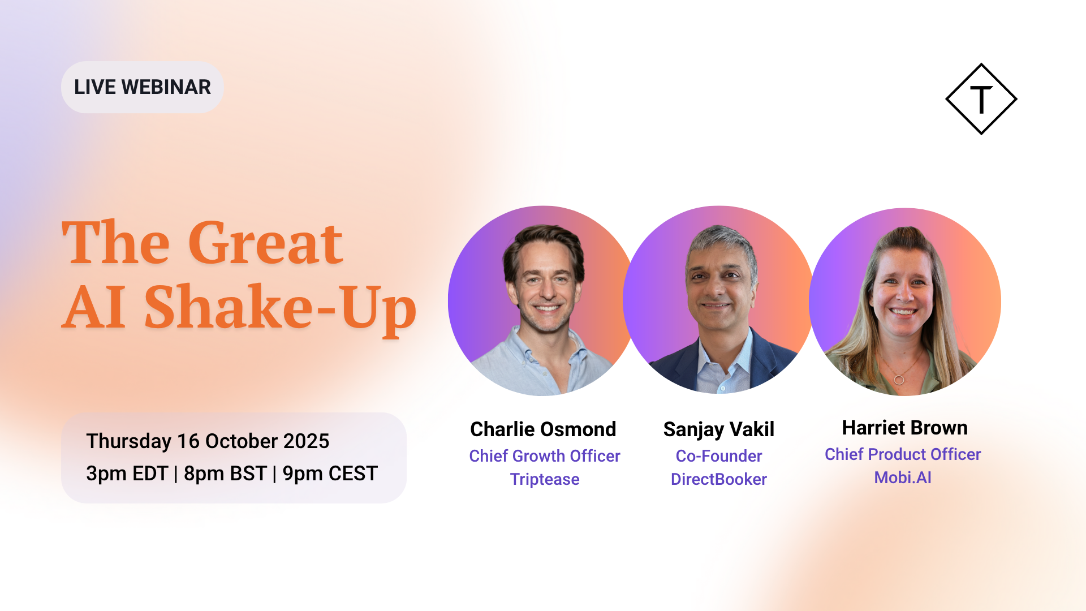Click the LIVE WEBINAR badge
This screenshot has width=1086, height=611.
click(x=142, y=87)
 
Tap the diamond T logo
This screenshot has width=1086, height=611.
click(x=981, y=99)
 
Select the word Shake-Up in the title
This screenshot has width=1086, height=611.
click(x=281, y=307)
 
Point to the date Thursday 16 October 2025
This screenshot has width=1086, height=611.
click(x=208, y=441)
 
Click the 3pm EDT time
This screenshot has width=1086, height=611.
click(x=127, y=474)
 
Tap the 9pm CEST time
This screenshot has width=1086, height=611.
click(x=330, y=474)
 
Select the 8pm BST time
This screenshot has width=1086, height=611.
click(x=225, y=474)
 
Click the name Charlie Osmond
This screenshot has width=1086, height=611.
click(x=543, y=429)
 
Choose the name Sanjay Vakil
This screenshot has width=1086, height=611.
click(x=719, y=430)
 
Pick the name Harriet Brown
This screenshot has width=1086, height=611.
click(x=905, y=428)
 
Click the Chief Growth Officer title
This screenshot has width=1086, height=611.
click(x=545, y=456)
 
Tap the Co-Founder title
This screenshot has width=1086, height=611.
click(x=719, y=456)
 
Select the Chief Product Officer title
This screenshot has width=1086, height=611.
click(x=903, y=454)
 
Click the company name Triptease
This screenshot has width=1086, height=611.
click(x=545, y=479)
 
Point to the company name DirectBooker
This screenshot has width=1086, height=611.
click(x=719, y=479)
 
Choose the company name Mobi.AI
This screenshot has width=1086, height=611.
click(x=903, y=477)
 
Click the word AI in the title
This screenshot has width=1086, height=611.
click(x=93, y=307)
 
